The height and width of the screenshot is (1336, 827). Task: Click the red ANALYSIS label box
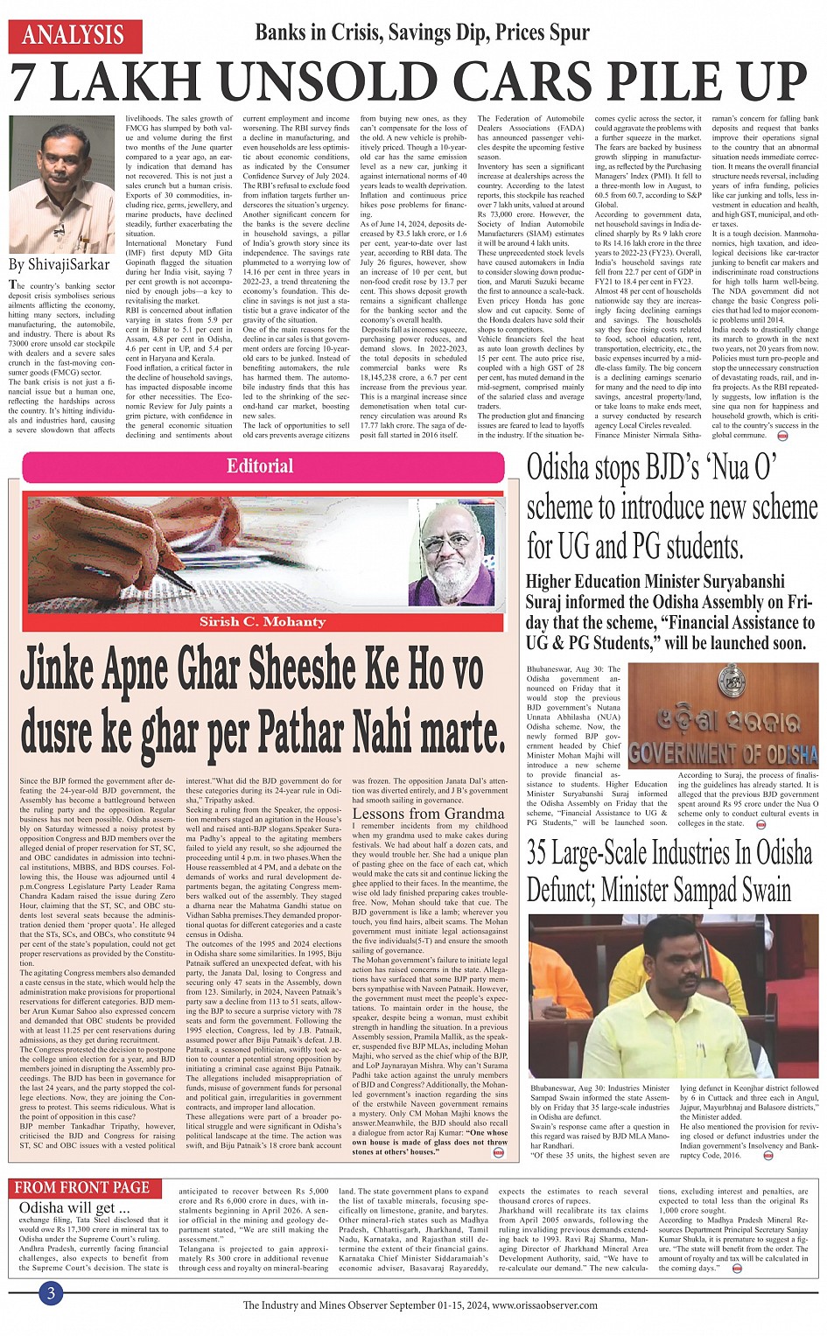(x=74, y=36)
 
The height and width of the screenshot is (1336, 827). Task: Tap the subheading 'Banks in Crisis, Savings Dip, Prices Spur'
(x=422, y=33)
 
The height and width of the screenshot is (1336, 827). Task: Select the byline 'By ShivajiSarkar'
(x=60, y=264)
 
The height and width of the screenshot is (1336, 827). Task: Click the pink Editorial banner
(x=261, y=466)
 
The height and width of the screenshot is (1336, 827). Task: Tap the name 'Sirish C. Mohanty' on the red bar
(x=262, y=621)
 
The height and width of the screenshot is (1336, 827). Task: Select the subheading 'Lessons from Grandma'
(x=416, y=814)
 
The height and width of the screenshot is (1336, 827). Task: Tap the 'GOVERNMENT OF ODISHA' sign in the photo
(x=723, y=752)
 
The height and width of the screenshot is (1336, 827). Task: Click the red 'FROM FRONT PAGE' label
(x=82, y=1188)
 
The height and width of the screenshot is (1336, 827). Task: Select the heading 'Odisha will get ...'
(x=67, y=1208)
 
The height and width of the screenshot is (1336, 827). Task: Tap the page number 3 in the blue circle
(x=51, y=1293)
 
